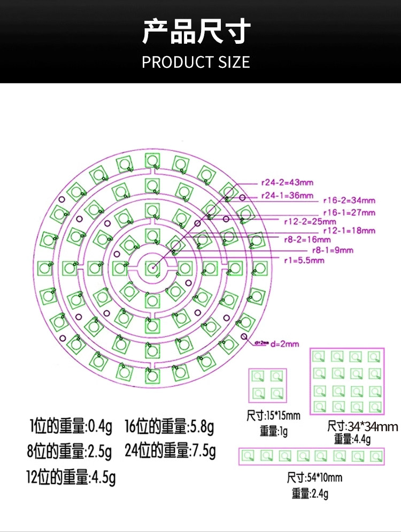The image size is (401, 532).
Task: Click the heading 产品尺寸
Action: click(196, 32)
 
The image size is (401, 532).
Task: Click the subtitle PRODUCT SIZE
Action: click(196, 62)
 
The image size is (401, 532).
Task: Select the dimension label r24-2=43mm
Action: click(287, 183)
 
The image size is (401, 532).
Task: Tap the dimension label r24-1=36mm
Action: click(287, 195)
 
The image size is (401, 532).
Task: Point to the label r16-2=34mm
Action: click(349, 201)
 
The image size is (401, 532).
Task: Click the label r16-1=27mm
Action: click(349, 213)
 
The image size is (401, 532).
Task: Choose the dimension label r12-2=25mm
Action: click(310, 221)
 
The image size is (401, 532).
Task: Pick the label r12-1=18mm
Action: click(349, 231)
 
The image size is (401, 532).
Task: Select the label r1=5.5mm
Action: click(304, 260)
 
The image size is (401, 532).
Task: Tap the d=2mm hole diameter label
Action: click(284, 343)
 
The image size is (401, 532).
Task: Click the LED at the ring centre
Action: click(152, 268)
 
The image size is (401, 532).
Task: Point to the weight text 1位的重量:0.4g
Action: click(71, 427)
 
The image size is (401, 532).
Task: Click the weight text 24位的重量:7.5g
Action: click(170, 451)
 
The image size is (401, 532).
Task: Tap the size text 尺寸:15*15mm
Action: click(273, 415)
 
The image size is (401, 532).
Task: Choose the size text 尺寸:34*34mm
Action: click(363, 426)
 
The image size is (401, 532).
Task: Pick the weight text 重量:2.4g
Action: click(310, 493)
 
